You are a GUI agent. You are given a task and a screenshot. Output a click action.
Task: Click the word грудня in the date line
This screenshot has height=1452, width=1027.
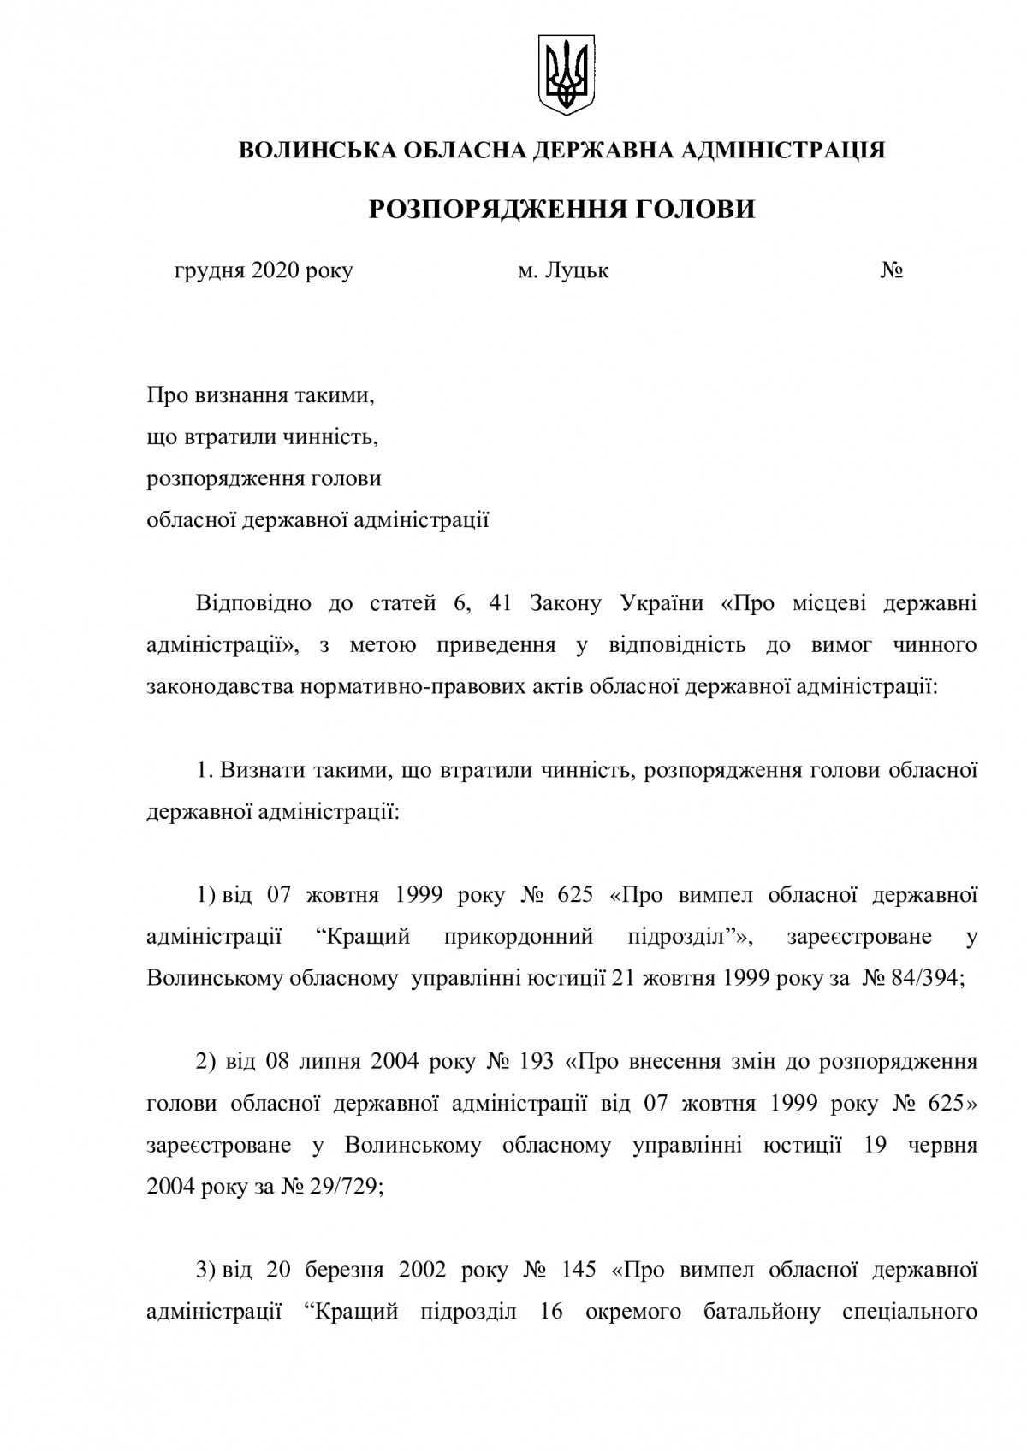coord(210,271)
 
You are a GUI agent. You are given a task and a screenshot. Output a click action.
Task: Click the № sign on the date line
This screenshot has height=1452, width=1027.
coord(892,271)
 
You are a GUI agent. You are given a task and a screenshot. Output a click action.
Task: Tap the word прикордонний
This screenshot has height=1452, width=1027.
coord(519,937)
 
